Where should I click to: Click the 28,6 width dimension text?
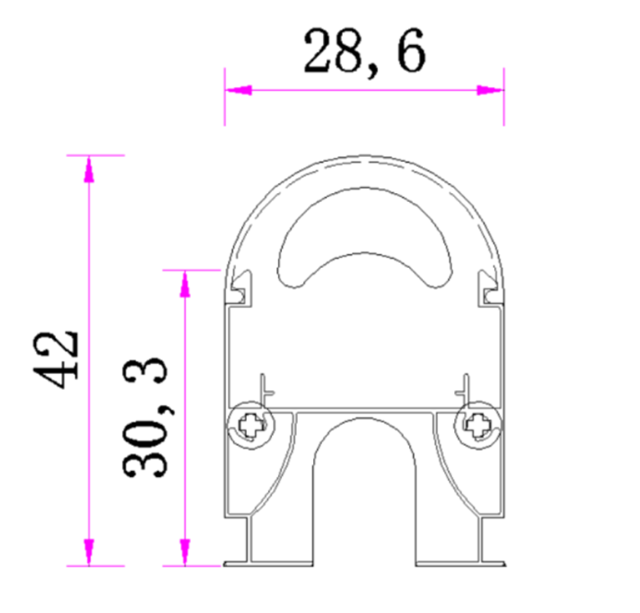364,52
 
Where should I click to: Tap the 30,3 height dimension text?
147,418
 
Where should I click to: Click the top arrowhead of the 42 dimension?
88,168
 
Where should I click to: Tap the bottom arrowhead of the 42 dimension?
88,552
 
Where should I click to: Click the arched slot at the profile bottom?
365,484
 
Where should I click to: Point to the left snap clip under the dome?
241,286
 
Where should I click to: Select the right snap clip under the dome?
489,286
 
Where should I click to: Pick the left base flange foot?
238,562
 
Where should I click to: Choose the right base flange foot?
492,562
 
